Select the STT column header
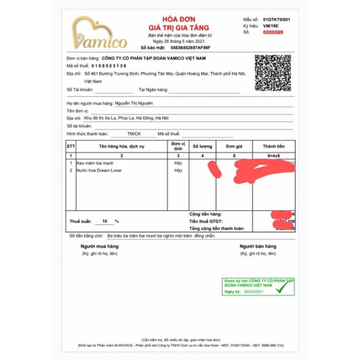click(71, 146)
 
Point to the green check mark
click(280, 291)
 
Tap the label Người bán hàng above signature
click(257, 246)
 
